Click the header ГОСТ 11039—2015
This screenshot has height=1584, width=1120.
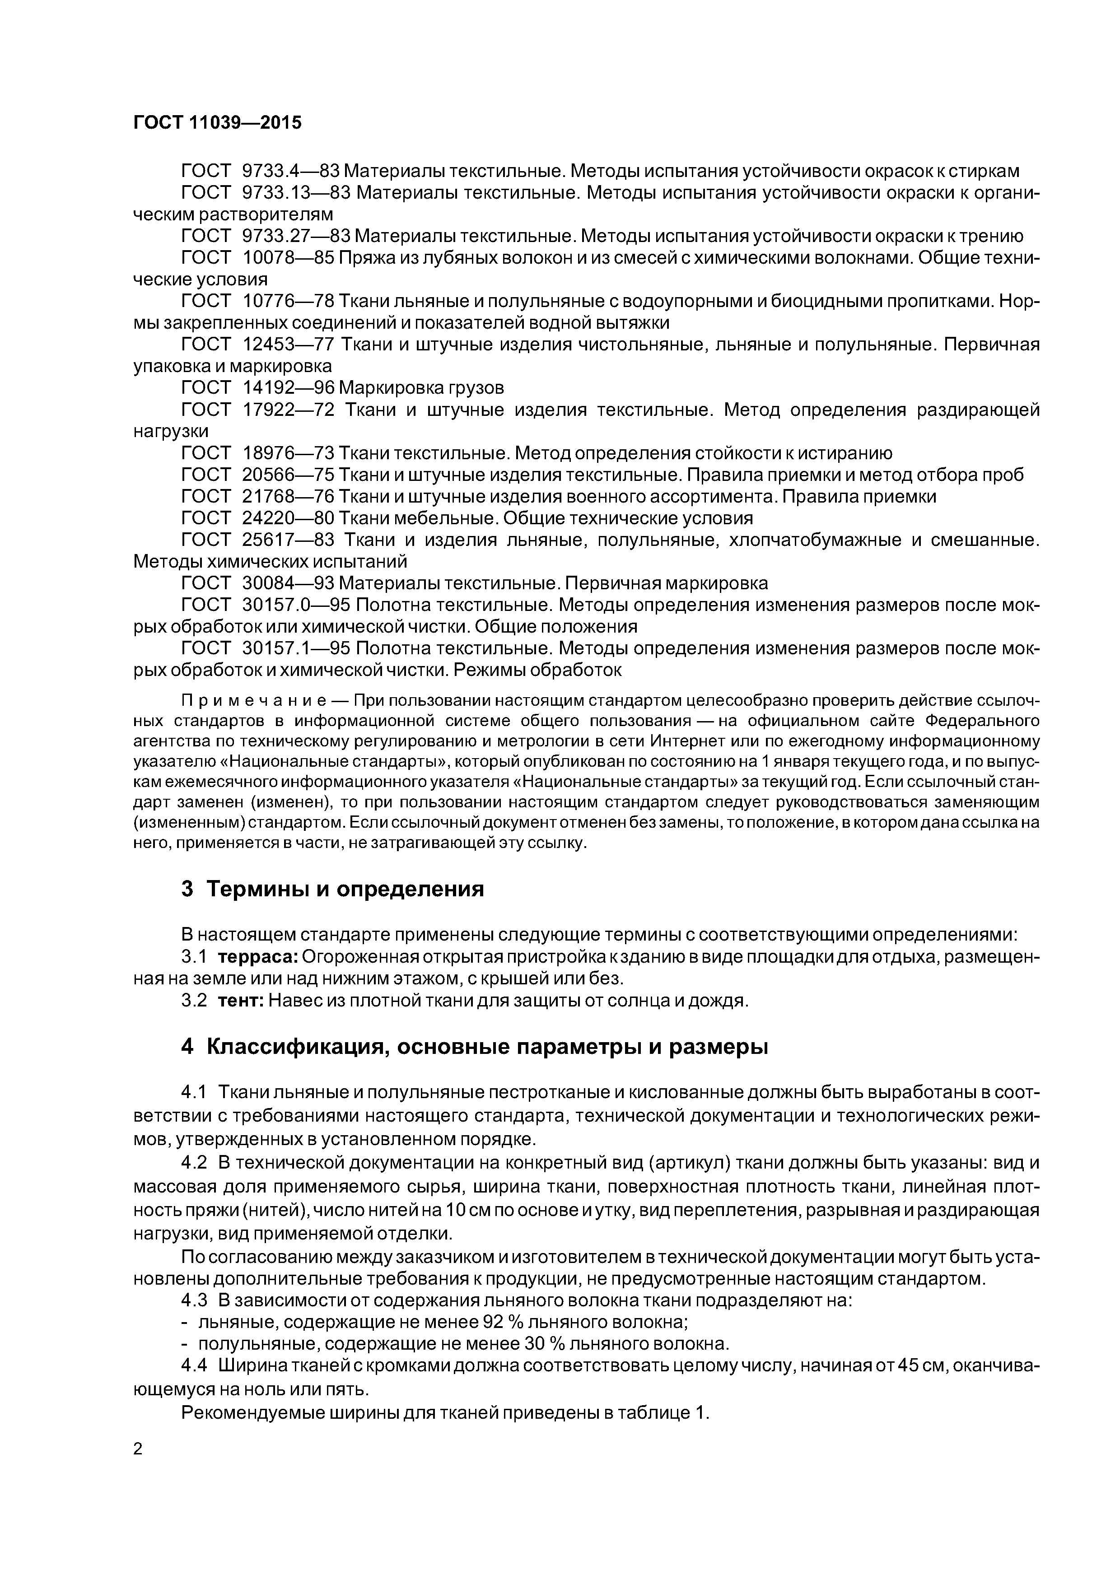217,123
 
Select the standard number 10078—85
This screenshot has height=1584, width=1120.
289,257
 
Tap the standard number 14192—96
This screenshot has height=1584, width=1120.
289,387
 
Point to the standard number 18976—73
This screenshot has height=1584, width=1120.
289,452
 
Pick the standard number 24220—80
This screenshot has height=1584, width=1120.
289,517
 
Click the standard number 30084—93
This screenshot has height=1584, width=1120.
289,583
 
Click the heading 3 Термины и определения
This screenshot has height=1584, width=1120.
333,889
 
